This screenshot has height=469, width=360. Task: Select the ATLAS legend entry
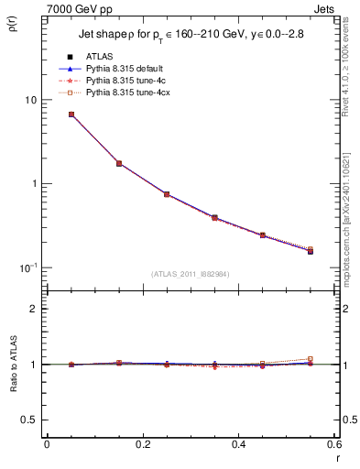coord(101,57)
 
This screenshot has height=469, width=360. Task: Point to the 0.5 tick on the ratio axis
coord(29,420)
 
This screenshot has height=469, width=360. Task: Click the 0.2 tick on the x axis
coord(142,445)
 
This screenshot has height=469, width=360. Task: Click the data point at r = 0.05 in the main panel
coord(71,115)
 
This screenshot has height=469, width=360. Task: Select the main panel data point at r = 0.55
coord(310,250)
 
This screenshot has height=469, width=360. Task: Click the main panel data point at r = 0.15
coord(118,163)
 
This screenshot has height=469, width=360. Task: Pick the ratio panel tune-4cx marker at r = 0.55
coord(310,359)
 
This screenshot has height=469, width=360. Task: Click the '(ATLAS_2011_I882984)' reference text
coord(190,273)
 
